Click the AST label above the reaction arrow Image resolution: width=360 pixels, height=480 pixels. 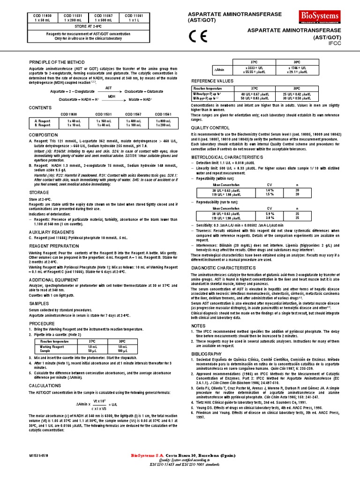(x=109, y=88)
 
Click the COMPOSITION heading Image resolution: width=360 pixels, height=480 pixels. (x=44, y=135)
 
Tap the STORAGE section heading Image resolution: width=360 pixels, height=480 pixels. (x=39, y=192)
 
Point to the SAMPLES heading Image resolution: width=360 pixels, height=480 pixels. (x=39, y=291)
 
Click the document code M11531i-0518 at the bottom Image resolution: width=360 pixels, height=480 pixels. (x=39, y=455)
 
